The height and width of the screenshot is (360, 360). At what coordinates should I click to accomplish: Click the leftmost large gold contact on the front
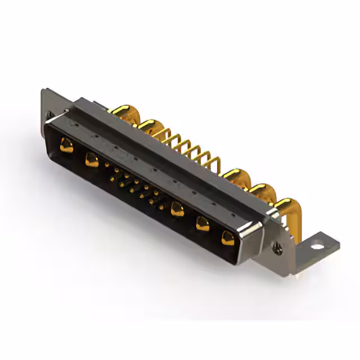66,146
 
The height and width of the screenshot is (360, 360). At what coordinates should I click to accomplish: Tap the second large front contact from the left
90,160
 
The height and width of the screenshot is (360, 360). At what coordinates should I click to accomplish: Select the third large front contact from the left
178,210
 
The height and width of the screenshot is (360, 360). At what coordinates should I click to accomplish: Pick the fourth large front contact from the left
201,224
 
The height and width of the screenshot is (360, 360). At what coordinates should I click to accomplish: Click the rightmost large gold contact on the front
227,238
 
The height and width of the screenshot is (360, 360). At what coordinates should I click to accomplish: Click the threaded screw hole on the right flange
276,246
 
